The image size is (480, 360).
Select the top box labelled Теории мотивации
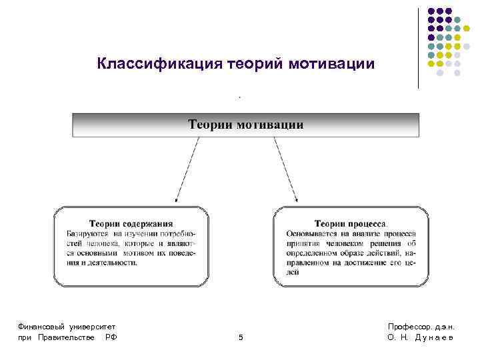(245, 125)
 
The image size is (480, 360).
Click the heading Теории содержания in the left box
(131, 224)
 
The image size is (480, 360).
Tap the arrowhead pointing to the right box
(296, 198)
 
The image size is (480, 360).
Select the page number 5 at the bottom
(241, 338)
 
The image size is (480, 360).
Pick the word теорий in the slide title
(257, 64)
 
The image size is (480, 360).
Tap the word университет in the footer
(93, 326)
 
